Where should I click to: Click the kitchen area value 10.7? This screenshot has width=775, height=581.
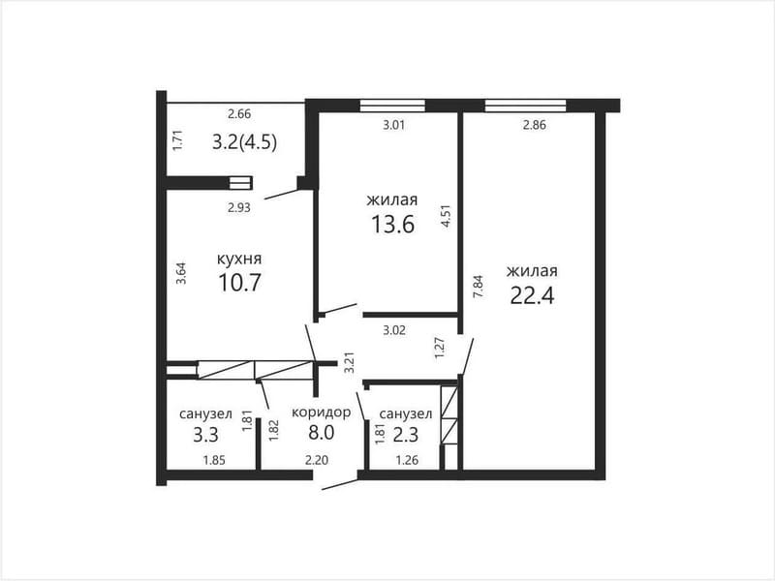pos(239,283)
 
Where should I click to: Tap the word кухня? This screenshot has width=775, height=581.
pos(239,259)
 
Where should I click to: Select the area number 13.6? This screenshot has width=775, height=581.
pos(393,225)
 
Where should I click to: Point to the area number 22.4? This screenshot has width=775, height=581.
pos(532,295)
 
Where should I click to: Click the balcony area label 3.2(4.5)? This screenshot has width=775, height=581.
pos(244,142)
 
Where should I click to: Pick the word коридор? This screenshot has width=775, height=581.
pos(322,413)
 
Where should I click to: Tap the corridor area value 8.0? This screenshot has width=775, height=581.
pos(322,432)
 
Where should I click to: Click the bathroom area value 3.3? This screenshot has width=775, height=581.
pos(205,435)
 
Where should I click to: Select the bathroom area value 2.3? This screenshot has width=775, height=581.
pos(406,435)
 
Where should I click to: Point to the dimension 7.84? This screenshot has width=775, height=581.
pos(478,286)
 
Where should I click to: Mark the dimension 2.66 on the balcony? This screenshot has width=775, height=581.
pos(239,113)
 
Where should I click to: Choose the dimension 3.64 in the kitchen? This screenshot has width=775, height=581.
pos(181,272)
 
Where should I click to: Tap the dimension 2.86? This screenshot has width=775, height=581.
pos(535,125)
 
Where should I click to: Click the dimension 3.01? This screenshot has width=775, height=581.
pos(394,125)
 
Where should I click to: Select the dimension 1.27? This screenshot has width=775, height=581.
pos(440,348)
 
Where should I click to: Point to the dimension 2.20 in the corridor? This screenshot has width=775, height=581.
pos(317,461)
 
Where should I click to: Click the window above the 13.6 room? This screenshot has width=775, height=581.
pos(392,106)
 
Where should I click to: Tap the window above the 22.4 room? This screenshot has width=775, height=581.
pos(525,106)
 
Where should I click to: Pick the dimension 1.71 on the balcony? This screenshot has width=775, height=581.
pos(177,140)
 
